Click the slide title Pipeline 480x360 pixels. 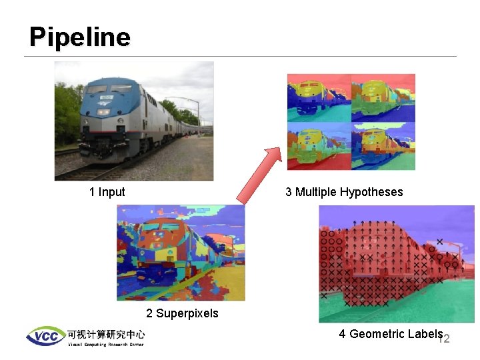[79, 37]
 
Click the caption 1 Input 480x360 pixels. [107, 192]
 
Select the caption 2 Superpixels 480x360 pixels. [182, 313]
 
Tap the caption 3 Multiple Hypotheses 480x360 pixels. [344, 192]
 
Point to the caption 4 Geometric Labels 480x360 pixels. [390, 334]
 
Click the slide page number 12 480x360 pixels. [444, 339]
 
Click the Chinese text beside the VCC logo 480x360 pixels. [105, 333]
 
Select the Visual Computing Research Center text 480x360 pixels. [105, 345]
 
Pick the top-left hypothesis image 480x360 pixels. [319, 97]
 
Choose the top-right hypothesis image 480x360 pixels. [383, 97]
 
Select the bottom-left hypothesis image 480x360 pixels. [319, 146]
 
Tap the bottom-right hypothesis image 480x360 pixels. [383, 146]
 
